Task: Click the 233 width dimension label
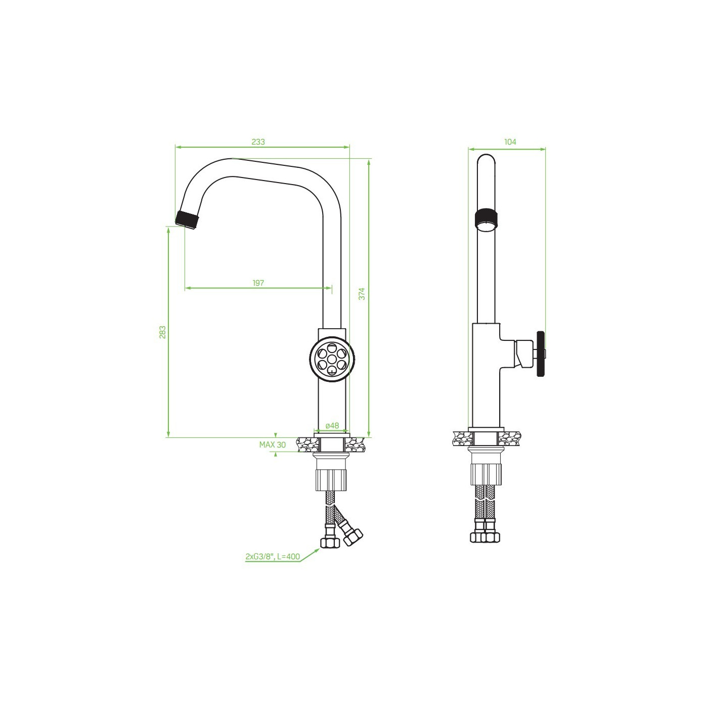click(258, 142)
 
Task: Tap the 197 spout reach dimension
click(258, 283)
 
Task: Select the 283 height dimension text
click(163, 332)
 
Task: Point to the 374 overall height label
click(362, 294)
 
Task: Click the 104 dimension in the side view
click(510, 142)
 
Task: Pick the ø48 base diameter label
click(332, 425)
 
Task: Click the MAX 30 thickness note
click(272, 445)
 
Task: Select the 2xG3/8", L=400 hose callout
click(273, 557)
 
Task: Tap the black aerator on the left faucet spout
click(188, 219)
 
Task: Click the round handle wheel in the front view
click(332, 359)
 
